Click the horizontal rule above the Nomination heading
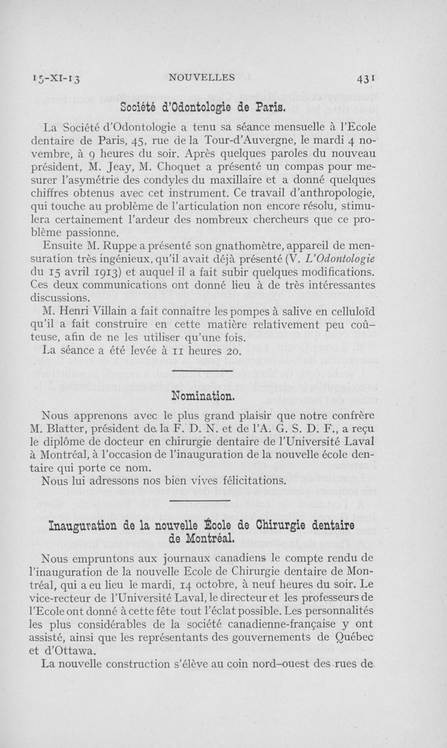point(202,371)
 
